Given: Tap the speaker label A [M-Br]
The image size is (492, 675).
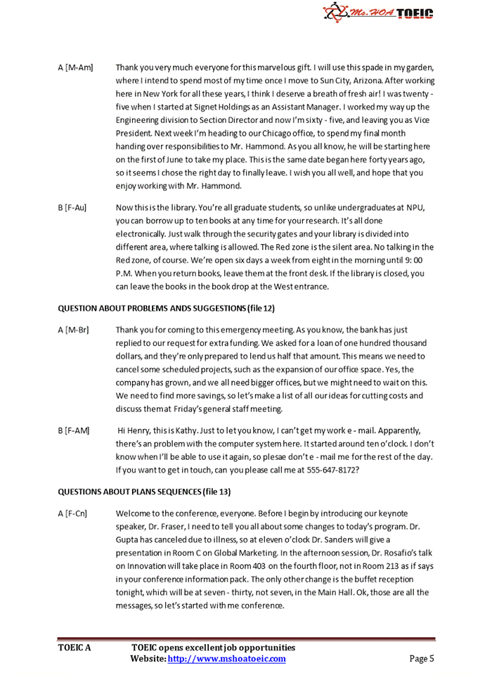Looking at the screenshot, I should (x=73, y=329).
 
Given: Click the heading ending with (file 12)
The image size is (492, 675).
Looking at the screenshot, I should (x=167, y=309).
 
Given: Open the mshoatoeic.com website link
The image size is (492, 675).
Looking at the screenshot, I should (x=226, y=659).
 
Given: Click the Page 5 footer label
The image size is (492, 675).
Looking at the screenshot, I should (x=422, y=659).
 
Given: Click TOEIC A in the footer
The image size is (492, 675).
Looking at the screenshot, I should (x=75, y=648).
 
